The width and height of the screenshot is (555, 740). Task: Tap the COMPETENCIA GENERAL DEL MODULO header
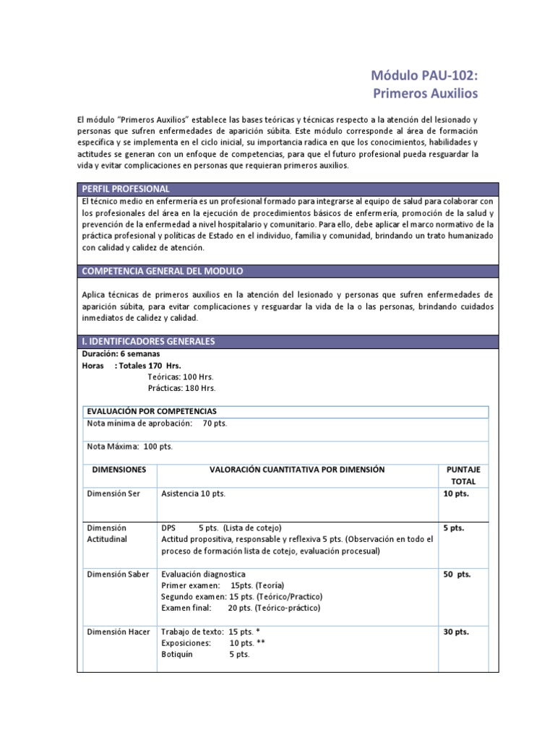(163, 271)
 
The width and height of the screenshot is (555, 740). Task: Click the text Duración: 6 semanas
(121, 354)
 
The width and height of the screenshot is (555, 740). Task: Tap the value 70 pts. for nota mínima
(215, 423)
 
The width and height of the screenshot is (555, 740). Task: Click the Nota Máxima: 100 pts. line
(130, 446)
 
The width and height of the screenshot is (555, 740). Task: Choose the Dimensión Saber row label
(118, 574)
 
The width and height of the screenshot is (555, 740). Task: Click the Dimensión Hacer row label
(119, 632)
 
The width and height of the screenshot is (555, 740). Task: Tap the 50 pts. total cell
(457, 574)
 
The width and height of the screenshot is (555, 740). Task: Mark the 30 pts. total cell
(456, 632)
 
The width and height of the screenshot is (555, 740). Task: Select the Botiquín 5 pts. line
(205, 654)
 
